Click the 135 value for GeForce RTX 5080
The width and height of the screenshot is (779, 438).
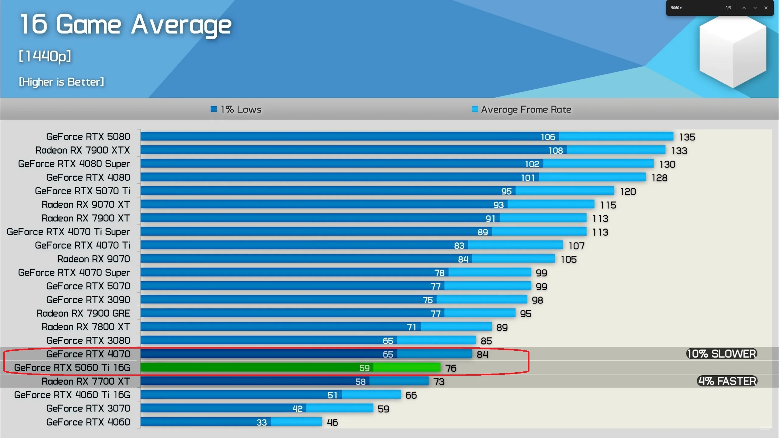[687, 137]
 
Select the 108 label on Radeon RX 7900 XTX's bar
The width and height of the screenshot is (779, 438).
[556, 151]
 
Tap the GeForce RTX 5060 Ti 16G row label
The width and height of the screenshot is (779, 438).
[72, 368]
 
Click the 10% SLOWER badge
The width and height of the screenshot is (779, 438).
[721, 354]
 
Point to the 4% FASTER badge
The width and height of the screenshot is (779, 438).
[727, 381]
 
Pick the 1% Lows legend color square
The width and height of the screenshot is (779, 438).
[214, 109]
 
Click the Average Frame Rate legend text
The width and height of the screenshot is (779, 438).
[526, 109]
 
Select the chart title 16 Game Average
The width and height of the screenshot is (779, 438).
[126, 24]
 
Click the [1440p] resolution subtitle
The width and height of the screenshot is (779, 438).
[45, 56]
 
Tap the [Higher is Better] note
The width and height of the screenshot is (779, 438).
[61, 82]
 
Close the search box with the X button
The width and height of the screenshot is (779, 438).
[766, 8]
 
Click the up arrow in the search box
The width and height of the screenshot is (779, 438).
[744, 8]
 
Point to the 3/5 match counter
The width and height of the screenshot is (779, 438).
[728, 8]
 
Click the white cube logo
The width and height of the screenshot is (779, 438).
[732, 52]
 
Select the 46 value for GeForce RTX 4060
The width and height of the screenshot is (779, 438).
[332, 422]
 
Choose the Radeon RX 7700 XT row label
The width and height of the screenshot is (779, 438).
[86, 381]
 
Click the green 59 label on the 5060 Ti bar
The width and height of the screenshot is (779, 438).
[364, 368]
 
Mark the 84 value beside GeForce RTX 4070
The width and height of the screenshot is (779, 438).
[482, 354]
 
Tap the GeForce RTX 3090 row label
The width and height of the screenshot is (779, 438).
[88, 300]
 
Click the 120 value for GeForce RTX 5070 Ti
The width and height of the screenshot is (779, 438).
[628, 192]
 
